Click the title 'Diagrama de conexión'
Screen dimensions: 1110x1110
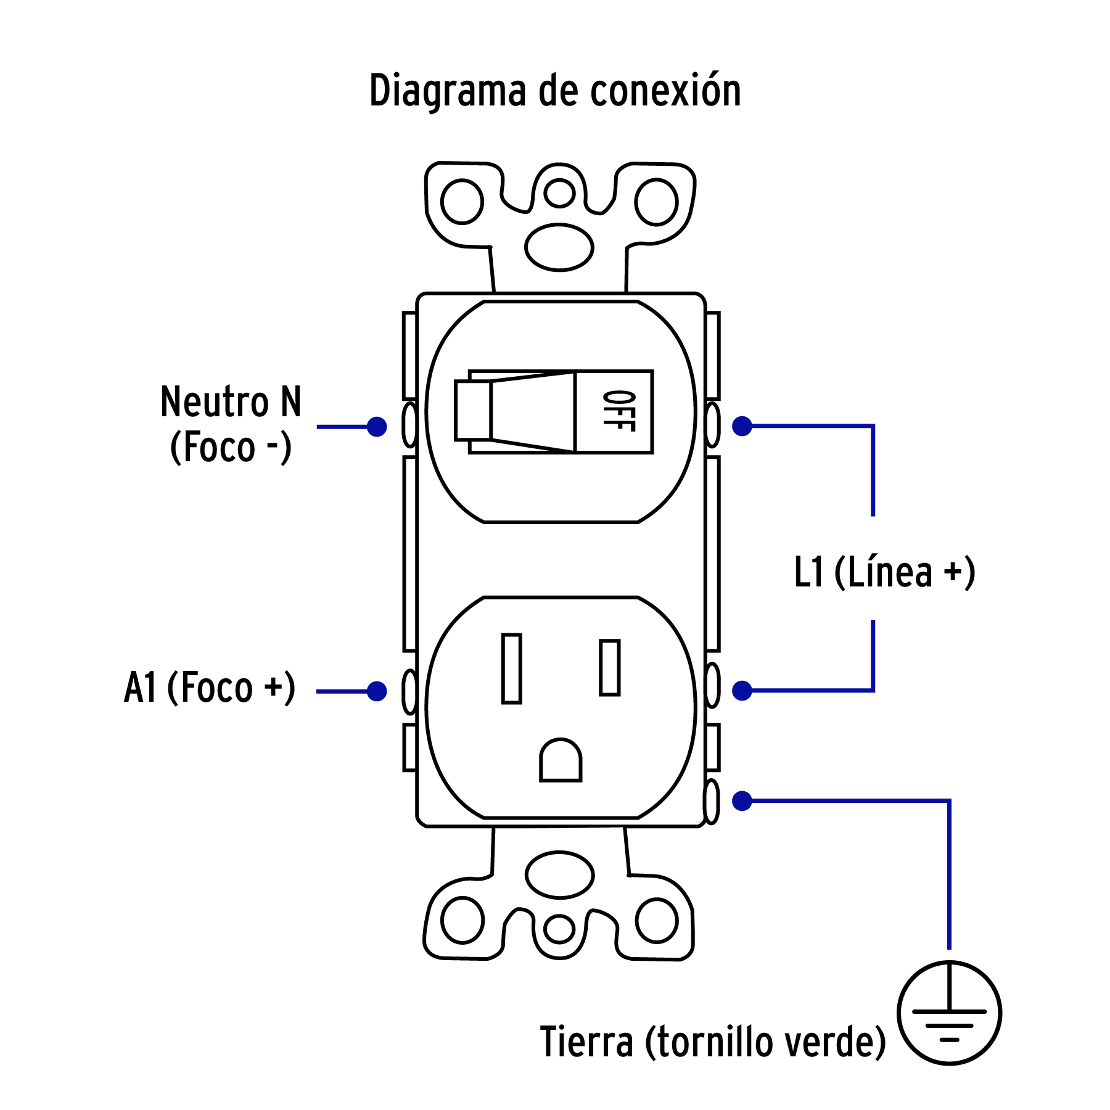(555, 91)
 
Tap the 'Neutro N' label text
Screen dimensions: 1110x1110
(231, 402)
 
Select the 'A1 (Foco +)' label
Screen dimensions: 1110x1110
(210, 688)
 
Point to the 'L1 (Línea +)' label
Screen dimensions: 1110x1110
(884, 572)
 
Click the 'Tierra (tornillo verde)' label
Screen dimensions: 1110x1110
(712, 1042)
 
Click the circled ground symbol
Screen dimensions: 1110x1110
(949, 1013)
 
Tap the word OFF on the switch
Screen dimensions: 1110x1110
(619, 411)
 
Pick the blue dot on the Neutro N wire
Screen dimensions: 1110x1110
(377, 426)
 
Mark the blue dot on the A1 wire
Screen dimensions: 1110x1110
(377, 691)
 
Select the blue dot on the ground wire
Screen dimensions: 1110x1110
(742, 801)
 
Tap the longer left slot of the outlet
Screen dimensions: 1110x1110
(511, 668)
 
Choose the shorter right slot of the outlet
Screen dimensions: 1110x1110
(609, 668)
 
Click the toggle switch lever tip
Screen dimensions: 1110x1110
(473, 411)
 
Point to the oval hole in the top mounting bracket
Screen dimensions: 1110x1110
(559, 247)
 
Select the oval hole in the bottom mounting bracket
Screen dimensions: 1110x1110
(560, 874)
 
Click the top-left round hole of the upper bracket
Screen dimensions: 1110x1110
(462, 202)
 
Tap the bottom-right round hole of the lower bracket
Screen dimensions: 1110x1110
(657, 921)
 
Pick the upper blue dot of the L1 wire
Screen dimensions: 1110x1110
(742, 426)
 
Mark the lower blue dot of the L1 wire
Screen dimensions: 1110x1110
(742, 691)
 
